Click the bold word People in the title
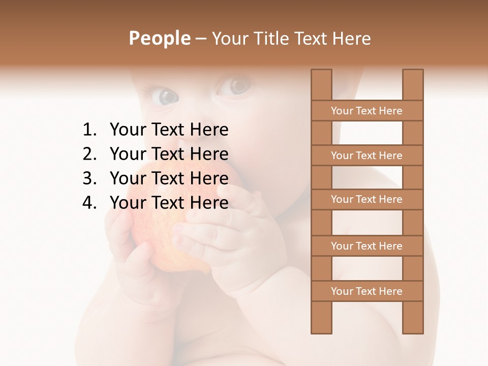click(x=159, y=38)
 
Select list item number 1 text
click(x=169, y=130)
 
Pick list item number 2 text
click(x=169, y=154)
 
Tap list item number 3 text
click(x=169, y=178)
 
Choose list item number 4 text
click(x=169, y=203)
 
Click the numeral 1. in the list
click(x=89, y=130)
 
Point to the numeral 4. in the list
click(x=89, y=203)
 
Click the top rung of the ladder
click(x=367, y=111)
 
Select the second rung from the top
click(x=367, y=156)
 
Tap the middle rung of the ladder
click(x=367, y=200)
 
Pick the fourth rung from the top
click(x=367, y=246)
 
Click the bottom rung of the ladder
click(x=367, y=291)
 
